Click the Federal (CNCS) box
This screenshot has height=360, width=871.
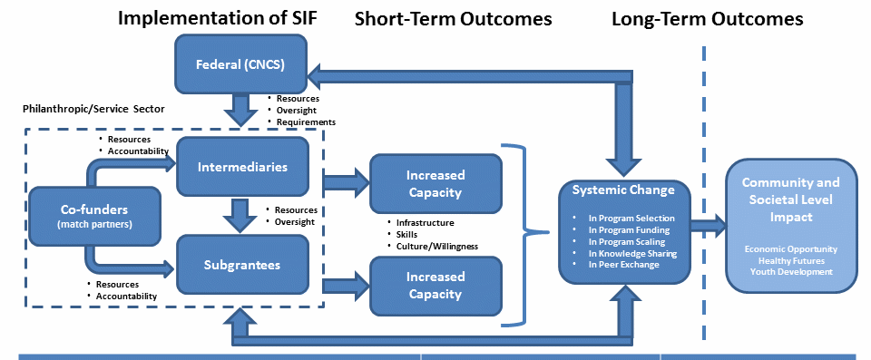(x=241, y=64)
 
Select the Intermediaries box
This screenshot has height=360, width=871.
(x=242, y=167)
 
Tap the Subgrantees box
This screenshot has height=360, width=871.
(x=242, y=265)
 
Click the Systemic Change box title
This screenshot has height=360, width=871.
(x=624, y=190)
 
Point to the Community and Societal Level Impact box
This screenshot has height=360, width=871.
(x=791, y=226)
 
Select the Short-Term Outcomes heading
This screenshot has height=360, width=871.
(x=454, y=19)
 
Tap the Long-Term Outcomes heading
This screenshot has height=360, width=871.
(x=707, y=19)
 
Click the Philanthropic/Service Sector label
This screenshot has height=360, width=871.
(x=93, y=109)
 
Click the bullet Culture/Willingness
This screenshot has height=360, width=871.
(x=437, y=246)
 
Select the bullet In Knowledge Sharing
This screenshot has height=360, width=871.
(x=632, y=253)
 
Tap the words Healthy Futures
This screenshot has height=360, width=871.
(x=791, y=260)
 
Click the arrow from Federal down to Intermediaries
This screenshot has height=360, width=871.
(x=241, y=110)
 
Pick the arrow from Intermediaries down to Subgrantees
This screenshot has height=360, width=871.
(x=240, y=216)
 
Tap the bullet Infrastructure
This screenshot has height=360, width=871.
(x=425, y=223)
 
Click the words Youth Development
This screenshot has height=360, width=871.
(x=791, y=272)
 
